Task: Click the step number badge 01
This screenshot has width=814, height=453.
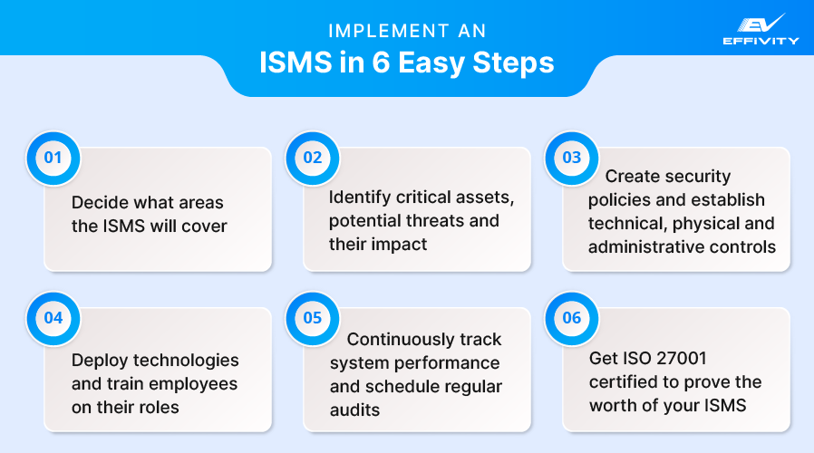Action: (53, 158)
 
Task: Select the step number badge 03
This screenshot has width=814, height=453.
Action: (571, 158)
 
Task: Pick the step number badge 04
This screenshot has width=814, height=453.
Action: (53, 318)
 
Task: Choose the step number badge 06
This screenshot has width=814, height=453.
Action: (571, 318)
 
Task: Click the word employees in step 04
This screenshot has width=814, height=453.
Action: (194, 383)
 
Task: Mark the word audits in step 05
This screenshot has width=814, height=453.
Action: (355, 410)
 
